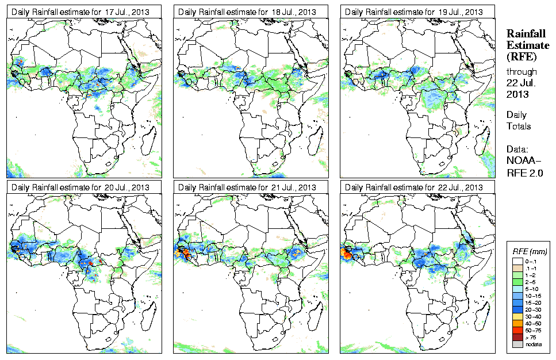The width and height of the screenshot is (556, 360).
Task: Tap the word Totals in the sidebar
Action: [x=519, y=126]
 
